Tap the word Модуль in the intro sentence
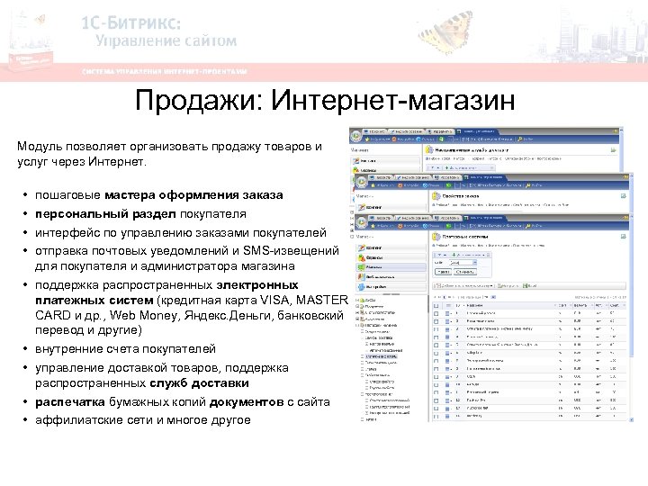point(41,146)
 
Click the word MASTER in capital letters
point(317,300)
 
